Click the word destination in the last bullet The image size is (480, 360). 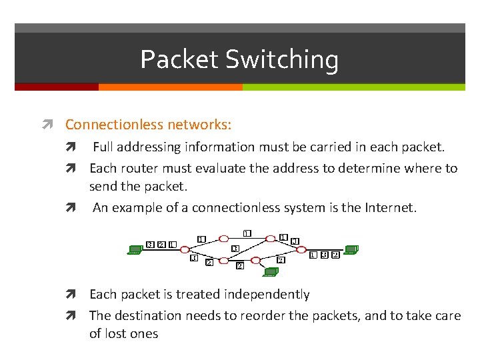coord(150,315)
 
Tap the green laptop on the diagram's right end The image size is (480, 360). coord(351,250)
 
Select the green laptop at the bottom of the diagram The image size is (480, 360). coord(270,271)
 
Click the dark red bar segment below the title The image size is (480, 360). coord(57,87)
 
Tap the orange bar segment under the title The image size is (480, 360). coord(170,87)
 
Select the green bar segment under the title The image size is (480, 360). coord(353,87)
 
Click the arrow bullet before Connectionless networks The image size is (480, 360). coord(56,125)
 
